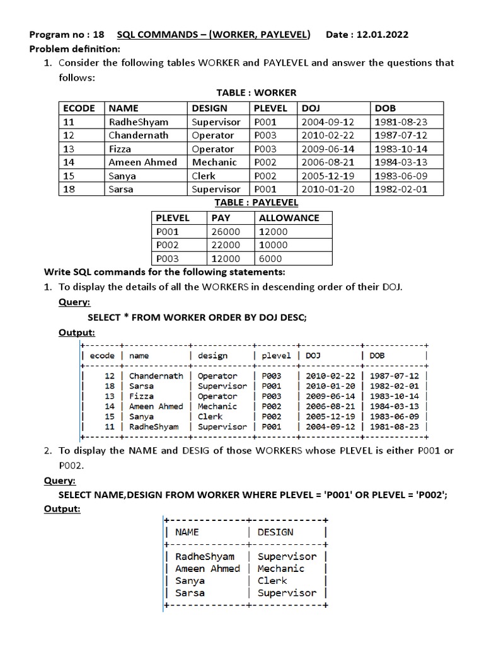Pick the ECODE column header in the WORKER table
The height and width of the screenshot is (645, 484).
click(x=79, y=108)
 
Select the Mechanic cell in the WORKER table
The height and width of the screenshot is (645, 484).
click(x=214, y=162)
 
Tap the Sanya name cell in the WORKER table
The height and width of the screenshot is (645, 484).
click(x=122, y=176)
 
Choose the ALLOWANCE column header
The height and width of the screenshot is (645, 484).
click(x=289, y=218)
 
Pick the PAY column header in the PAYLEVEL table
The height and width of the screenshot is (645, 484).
click(x=221, y=218)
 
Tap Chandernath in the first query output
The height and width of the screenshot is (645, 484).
click(x=156, y=376)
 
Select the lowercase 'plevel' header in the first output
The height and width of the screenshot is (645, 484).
click(x=275, y=355)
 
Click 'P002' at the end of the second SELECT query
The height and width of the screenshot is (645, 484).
click(x=431, y=494)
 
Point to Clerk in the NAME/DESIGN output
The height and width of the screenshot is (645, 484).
click(x=272, y=581)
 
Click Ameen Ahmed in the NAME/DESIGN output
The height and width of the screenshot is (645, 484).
click(x=207, y=569)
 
